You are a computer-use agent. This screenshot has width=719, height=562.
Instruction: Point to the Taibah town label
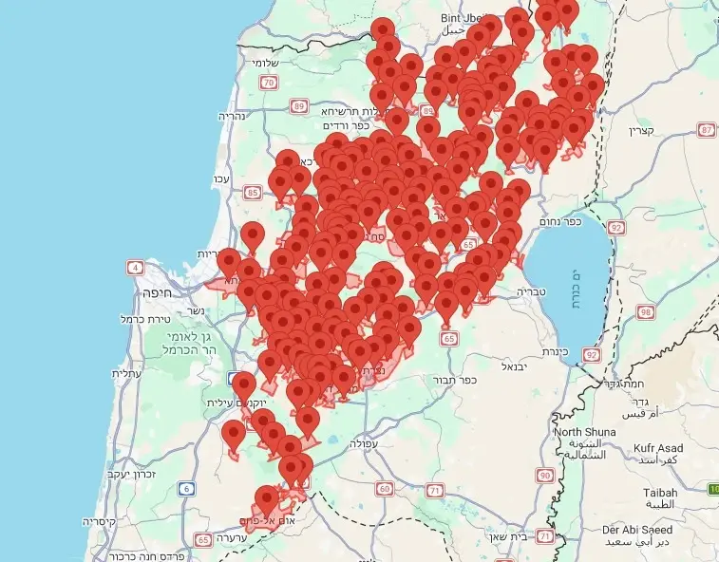[x=660, y=494]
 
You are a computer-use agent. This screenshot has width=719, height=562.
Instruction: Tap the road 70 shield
[x=269, y=83]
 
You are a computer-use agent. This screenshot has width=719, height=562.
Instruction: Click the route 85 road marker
[x=252, y=193]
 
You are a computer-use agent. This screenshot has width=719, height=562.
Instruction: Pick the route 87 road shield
[x=706, y=129]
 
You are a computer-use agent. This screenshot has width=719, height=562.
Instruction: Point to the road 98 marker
[x=647, y=312]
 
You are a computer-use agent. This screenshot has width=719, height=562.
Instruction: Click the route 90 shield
[x=544, y=475]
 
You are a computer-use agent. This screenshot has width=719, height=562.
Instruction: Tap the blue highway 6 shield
[x=185, y=489]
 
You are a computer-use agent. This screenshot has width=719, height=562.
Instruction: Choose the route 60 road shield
[x=384, y=489]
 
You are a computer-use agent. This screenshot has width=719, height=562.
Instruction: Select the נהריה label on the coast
[x=233, y=116]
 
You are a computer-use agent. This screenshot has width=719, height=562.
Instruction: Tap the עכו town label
[x=221, y=178]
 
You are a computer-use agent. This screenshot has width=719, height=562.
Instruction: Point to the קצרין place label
[x=641, y=130]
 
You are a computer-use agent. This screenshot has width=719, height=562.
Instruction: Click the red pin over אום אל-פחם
[x=267, y=497]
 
